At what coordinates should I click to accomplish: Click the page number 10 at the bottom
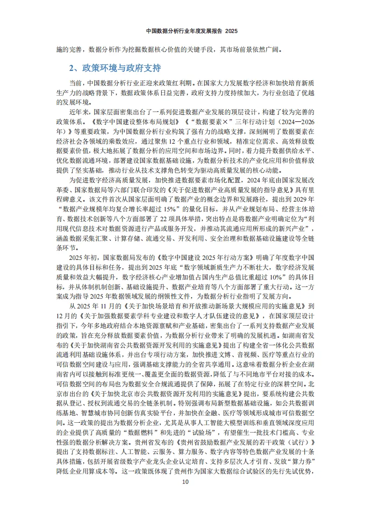185,482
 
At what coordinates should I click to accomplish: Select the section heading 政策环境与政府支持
121,68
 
